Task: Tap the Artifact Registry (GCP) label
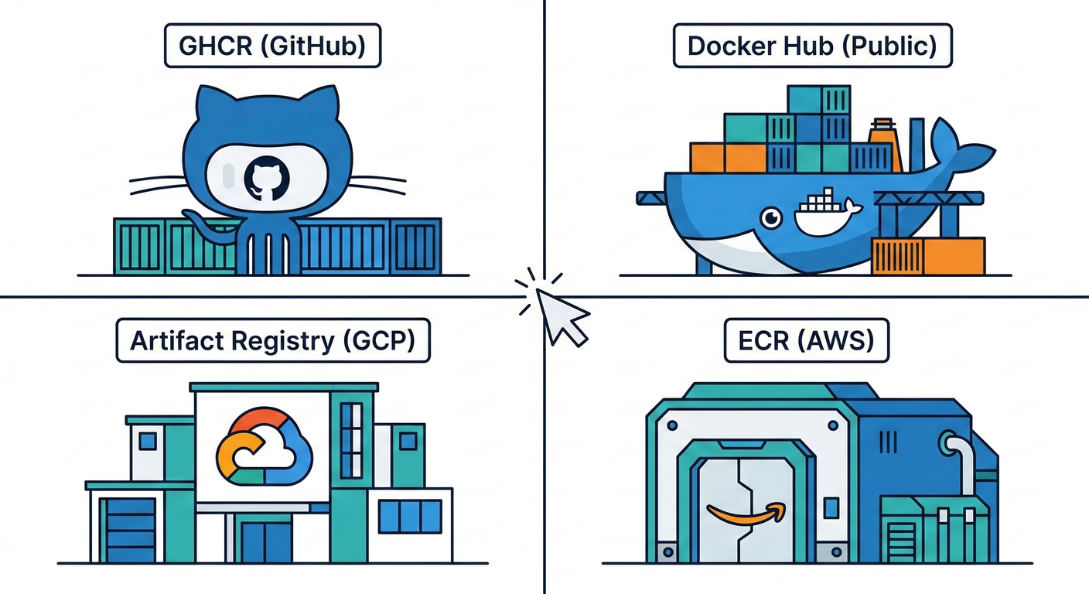click(272, 341)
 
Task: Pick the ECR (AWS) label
click(806, 341)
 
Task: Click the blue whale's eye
click(770, 219)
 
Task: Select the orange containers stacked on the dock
click(928, 256)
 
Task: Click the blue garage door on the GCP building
click(130, 530)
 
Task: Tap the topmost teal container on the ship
click(818, 100)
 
